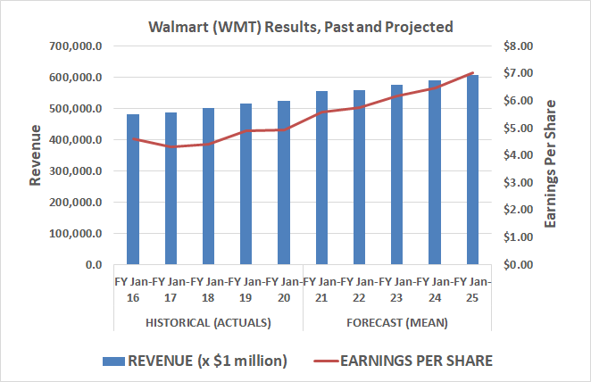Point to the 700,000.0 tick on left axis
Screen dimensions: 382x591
[78, 46]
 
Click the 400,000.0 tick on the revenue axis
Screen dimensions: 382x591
[78, 140]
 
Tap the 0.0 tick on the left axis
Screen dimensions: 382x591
[94, 265]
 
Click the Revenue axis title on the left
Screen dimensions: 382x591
[36, 155]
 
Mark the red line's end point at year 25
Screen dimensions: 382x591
[472, 72]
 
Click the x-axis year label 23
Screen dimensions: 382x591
[396, 297]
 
